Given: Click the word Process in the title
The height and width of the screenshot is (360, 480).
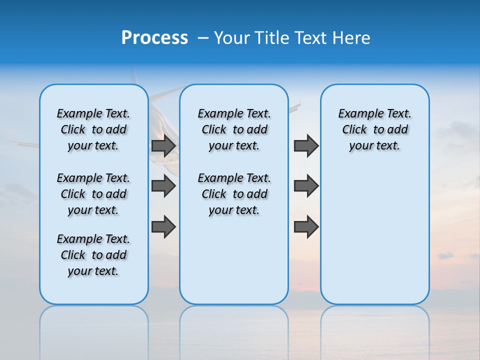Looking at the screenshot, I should click(154, 38).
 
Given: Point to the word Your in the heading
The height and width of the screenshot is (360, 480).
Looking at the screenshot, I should click(231, 38).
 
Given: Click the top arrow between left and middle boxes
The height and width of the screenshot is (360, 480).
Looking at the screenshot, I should click(163, 146).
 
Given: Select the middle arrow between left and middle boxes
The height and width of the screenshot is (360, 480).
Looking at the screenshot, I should click(163, 186).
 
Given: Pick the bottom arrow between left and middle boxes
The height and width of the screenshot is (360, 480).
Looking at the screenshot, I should click(163, 226).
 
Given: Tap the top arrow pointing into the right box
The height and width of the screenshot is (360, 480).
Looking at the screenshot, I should click(306, 146).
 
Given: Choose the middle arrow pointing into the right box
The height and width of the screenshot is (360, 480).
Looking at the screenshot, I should click(306, 186).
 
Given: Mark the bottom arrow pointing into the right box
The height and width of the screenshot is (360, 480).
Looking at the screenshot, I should click(306, 226).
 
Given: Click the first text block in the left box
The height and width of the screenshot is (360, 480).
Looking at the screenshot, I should click(93, 129).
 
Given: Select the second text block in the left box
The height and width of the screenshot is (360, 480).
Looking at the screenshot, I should click(93, 194).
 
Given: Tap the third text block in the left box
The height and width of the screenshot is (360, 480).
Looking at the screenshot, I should click(93, 255).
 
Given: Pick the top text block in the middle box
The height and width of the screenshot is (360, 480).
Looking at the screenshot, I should click(234, 129).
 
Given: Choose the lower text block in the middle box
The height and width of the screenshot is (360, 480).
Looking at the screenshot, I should click(234, 194).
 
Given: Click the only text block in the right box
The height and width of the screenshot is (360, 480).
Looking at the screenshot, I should click(374, 129).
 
